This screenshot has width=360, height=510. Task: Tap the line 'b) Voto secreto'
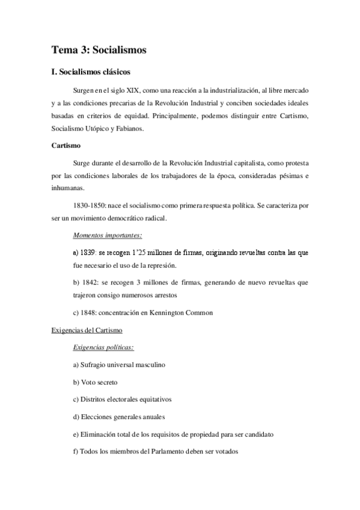(95, 382)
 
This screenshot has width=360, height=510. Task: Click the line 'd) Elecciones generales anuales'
(118, 417)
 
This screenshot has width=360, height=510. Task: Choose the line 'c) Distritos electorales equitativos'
(122, 399)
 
